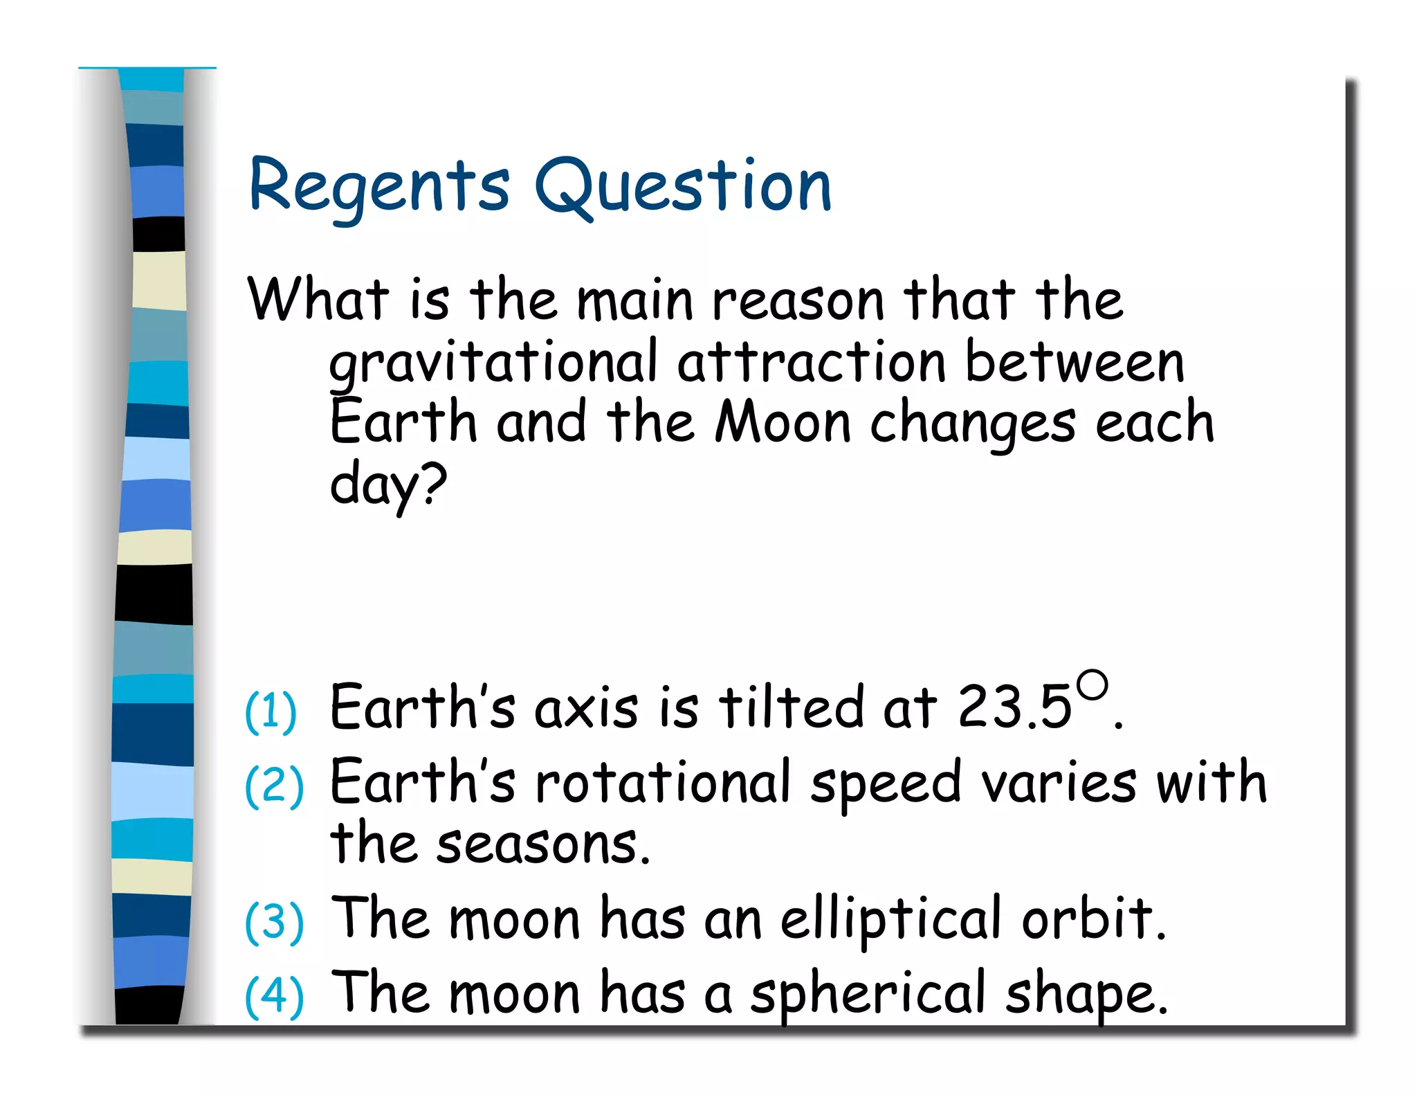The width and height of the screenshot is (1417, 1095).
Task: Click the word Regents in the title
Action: tap(379, 185)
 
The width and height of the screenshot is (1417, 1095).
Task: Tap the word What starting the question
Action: tap(318, 299)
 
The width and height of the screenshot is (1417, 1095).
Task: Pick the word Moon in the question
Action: tap(783, 422)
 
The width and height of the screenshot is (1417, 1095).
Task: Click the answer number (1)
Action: tap(271, 711)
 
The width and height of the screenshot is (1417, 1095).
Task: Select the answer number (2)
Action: tap(274, 786)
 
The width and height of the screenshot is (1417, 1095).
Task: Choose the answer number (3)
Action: tap(274, 922)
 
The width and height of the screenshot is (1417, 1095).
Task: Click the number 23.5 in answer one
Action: tap(1014, 707)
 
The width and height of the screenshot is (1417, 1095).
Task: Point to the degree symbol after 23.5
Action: tap(1092, 685)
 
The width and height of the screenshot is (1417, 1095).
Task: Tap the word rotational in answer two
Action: tap(663, 782)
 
